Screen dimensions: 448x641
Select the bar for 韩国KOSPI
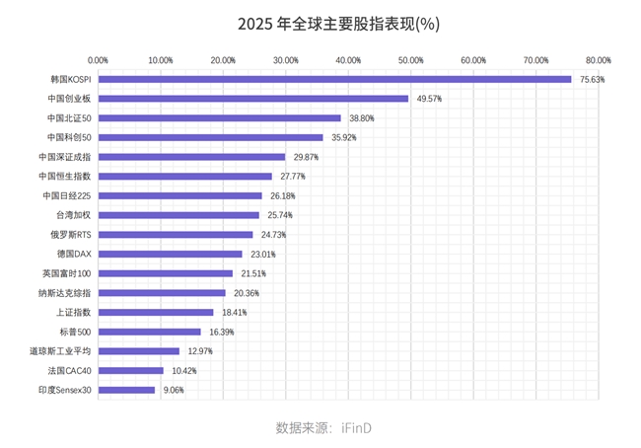[x=334, y=79]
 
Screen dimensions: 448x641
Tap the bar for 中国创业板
[x=253, y=99]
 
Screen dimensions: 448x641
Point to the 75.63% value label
[x=592, y=79]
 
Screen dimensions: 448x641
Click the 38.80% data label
[x=361, y=118]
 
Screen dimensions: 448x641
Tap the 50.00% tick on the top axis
[x=410, y=60]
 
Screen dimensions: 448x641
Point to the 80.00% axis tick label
[x=598, y=60]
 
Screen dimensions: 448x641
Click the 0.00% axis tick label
[x=99, y=60]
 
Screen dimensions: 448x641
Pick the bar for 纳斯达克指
[x=162, y=293]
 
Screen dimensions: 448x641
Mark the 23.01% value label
[x=261, y=254]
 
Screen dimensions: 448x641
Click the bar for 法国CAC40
[x=131, y=370]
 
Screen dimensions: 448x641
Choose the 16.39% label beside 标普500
[x=221, y=332]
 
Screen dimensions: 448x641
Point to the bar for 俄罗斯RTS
[x=176, y=235]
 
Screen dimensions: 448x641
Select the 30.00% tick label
[x=286, y=60]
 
